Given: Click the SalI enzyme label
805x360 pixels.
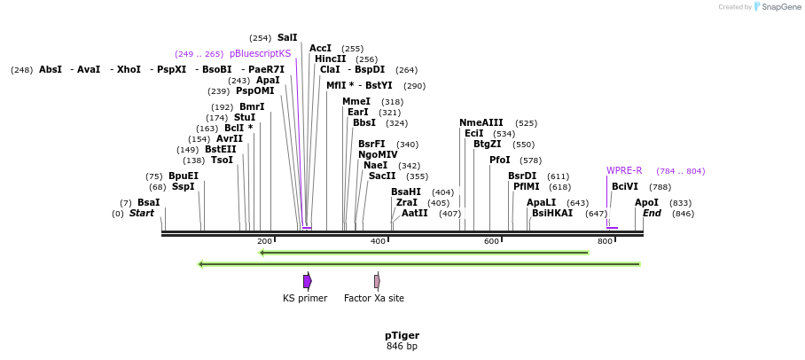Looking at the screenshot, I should (x=287, y=38).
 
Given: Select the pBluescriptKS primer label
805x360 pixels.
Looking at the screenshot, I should (x=260, y=54).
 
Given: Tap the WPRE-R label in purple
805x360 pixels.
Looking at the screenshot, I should (x=624, y=170).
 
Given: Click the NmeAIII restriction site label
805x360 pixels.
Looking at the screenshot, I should (x=481, y=123).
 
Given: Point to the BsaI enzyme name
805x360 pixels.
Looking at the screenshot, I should (x=149, y=203).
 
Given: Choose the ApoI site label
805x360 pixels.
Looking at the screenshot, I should (x=646, y=203).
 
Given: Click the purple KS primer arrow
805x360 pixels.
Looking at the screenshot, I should (x=307, y=281).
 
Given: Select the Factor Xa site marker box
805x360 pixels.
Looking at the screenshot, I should (x=377, y=281).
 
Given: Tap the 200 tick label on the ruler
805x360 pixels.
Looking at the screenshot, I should (x=264, y=241).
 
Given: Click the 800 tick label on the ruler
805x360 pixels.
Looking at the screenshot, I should (x=605, y=241).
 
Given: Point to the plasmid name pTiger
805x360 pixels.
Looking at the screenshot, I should (x=402, y=335).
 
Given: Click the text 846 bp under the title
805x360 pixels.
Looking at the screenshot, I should (x=402, y=346).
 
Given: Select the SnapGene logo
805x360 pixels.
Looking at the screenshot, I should (x=777, y=7).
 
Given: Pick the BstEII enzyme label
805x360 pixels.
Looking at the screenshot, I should (x=221, y=149).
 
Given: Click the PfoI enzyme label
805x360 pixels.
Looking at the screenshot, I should (x=500, y=160).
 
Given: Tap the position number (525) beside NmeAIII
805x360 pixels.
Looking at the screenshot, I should (x=526, y=123).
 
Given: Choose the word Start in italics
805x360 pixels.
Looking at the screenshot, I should (x=142, y=214).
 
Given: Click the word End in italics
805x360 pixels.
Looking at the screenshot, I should (x=652, y=214).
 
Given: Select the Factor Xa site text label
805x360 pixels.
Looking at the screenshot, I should (x=374, y=299).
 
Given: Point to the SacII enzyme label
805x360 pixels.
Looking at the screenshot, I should (x=382, y=176).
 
